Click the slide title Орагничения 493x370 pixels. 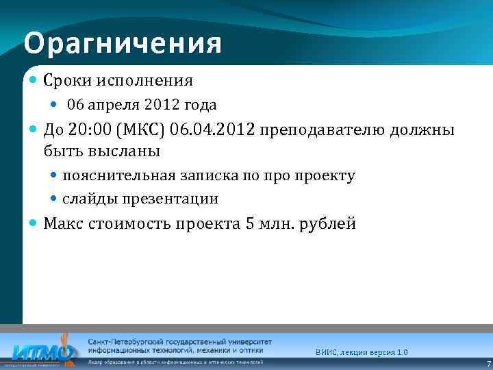[123, 44]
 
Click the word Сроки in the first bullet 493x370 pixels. [64, 81]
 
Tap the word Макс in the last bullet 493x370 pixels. [63, 224]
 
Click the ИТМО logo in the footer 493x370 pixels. [41, 351]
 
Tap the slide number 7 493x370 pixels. [488, 363]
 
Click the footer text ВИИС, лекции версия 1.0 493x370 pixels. [362, 352]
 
